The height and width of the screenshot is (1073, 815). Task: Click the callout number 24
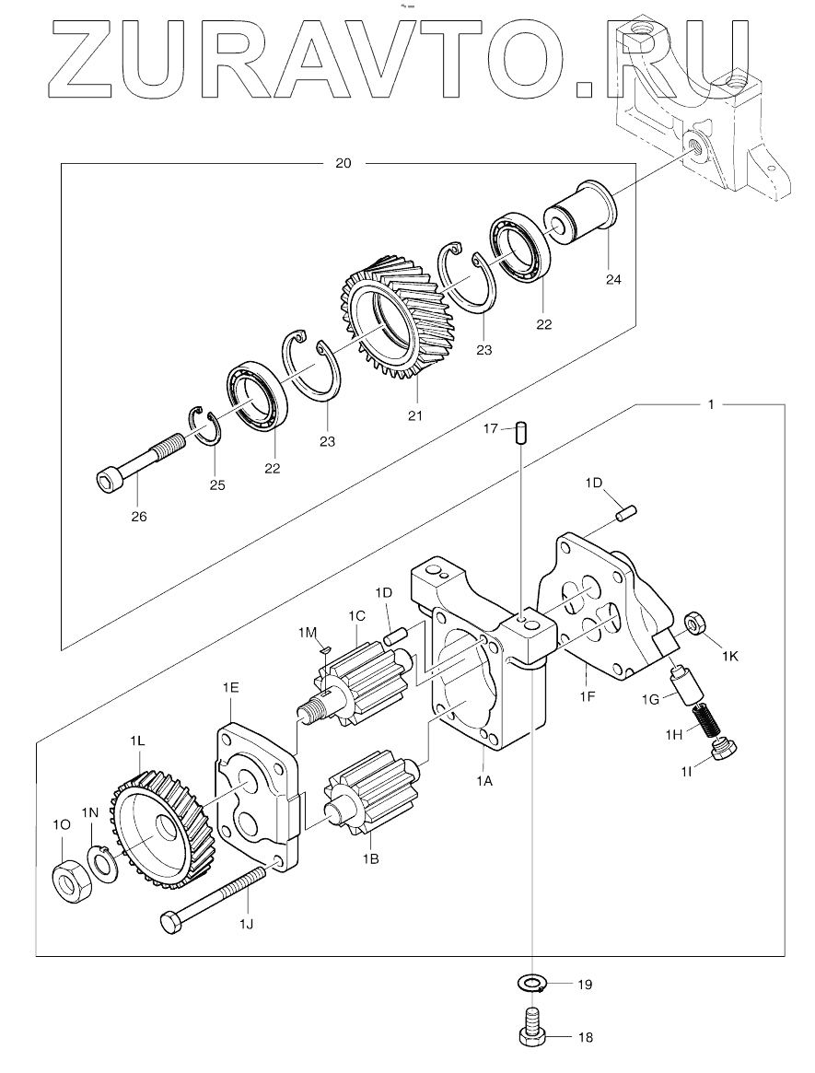[613, 279]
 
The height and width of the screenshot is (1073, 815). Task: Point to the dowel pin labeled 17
[521, 433]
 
